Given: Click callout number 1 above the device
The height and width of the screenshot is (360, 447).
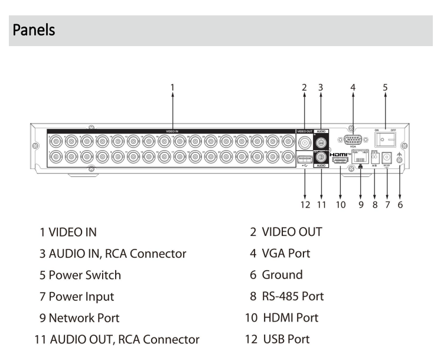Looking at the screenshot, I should point(172,87).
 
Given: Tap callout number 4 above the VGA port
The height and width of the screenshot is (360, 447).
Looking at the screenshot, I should point(353,87).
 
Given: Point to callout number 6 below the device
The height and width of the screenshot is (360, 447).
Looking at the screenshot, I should point(401,205).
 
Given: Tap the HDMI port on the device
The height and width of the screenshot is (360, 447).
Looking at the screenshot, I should point(340,160).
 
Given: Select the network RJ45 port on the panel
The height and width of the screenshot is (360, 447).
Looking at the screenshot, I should point(360,159).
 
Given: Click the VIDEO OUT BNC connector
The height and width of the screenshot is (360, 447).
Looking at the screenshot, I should point(305,142).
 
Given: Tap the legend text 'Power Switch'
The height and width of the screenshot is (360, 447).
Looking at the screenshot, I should point(84,275).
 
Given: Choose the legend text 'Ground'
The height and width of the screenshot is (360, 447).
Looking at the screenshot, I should point(281,275).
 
